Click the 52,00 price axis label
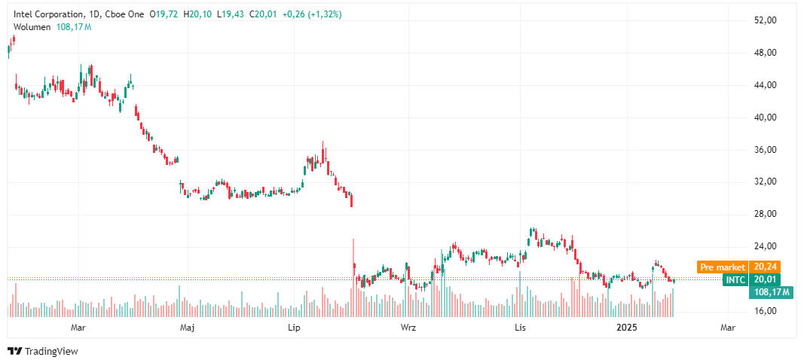point(766,20)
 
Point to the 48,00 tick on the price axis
point(766,53)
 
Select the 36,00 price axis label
point(766,150)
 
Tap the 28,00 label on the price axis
point(766,214)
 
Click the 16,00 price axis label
point(766,311)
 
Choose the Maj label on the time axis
point(188,328)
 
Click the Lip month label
point(295,328)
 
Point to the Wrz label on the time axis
point(408,328)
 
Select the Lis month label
point(518,328)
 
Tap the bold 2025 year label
point(627,328)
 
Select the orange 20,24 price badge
point(765,267)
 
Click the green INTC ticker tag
point(735,279)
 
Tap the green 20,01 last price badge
point(765,279)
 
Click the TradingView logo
point(43,351)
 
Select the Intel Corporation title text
point(49,14)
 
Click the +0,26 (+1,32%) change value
point(311,14)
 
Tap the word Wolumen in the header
point(32,26)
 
